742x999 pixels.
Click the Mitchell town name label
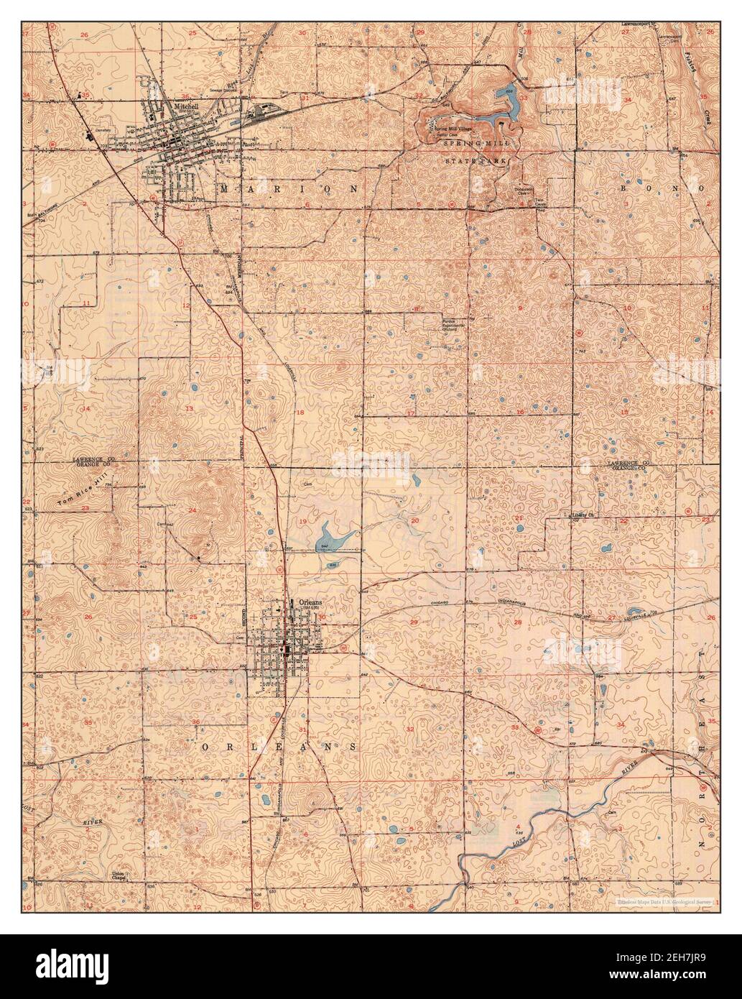[x=185, y=106]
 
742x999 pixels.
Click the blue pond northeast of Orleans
[x=328, y=535]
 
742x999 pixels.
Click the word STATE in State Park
[x=455, y=162]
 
